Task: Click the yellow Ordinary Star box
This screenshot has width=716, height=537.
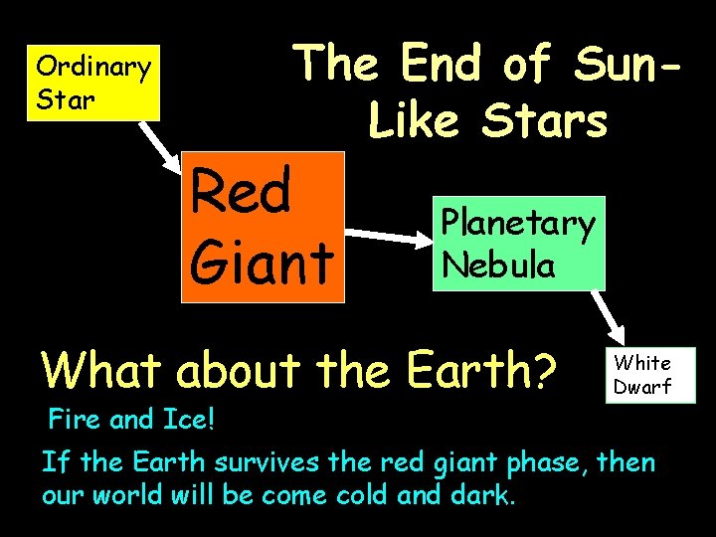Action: coord(93,82)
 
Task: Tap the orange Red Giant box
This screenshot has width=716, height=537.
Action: coord(262,227)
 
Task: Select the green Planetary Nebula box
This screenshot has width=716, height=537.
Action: coord(518,244)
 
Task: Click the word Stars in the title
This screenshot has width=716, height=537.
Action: coord(544,122)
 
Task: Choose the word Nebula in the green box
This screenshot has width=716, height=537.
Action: coord(499,265)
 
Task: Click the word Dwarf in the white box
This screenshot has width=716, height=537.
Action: coord(642,387)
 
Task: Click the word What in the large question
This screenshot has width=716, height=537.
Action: coord(100,371)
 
